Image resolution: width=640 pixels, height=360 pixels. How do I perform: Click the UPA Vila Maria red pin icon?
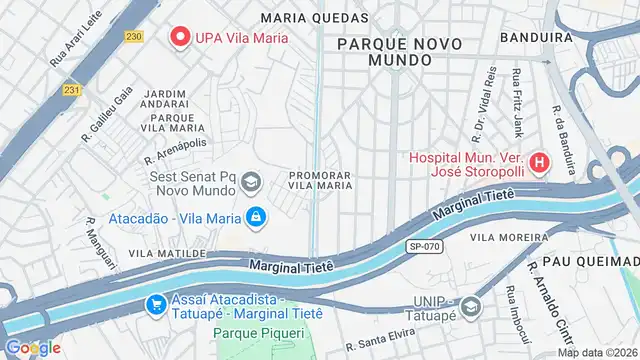181,38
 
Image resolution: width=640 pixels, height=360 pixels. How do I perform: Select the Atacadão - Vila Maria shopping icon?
257,216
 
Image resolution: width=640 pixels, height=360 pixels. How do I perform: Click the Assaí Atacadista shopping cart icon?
155,304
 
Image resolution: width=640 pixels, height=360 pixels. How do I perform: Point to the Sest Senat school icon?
248,181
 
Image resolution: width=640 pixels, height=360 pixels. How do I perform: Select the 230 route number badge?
133,37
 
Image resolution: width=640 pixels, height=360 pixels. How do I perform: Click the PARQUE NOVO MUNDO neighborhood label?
385,52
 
